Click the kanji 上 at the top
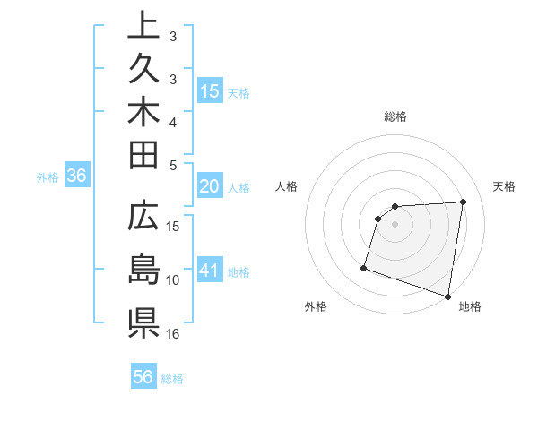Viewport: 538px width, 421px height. pyautogui.click(x=143, y=24)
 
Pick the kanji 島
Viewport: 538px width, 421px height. pyautogui.click(x=143, y=268)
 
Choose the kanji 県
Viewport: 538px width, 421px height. pyautogui.click(x=143, y=321)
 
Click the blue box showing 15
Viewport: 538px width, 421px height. pyautogui.click(x=210, y=91)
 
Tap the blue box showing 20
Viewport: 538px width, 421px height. pyautogui.click(x=210, y=187)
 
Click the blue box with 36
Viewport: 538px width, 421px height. pyautogui.click(x=77, y=176)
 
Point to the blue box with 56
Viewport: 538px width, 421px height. pyautogui.click(x=143, y=378)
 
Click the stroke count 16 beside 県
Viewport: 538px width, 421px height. pyautogui.click(x=173, y=334)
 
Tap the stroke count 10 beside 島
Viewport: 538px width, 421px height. pyautogui.click(x=173, y=280)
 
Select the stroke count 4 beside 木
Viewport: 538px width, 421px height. pyautogui.click(x=173, y=121)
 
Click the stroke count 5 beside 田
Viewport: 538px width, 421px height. pyautogui.click(x=173, y=165)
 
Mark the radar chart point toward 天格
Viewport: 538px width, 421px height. pyautogui.click(x=463, y=202)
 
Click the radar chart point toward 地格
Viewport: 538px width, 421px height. pyautogui.click(x=448, y=296)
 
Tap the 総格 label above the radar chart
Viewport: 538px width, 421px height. pyautogui.click(x=395, y=116)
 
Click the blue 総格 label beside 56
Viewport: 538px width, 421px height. pyautogui.click(x=172, y=379)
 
